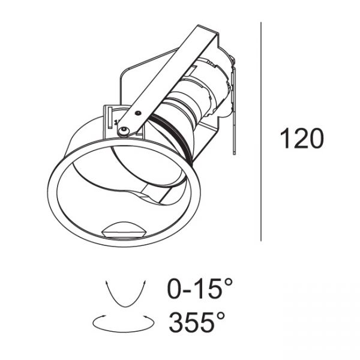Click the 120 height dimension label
click(x=302, y=139)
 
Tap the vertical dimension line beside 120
click(x=261, y=131)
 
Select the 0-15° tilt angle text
click(x=200, y=288)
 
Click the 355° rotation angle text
click(x=197, y=322)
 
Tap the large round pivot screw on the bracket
click(x=124, y=130)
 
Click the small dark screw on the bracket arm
click(x=138, y=113)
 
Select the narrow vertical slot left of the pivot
click(x=110, y=117)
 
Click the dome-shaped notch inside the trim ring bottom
click(x=125, y=230)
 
